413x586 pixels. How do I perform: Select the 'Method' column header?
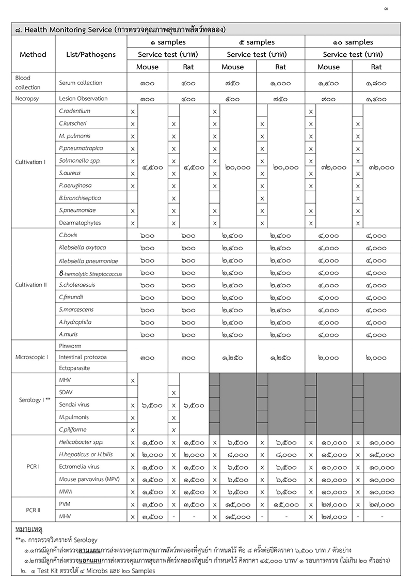point(33,54)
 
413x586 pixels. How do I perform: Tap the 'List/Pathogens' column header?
point(91,54)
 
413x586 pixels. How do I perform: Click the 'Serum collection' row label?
point(81,83)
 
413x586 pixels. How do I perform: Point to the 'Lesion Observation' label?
point(83,98)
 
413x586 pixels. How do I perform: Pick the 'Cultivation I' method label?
point(30,162)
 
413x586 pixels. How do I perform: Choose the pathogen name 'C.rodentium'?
point(75,111)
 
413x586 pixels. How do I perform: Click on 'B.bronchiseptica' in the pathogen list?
point(80,198)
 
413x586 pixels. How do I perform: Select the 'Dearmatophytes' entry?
point(80,223)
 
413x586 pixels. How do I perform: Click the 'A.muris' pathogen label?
point(69,334)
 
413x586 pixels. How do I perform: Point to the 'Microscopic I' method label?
point(32,357)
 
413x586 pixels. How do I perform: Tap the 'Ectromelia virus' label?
point(80,467)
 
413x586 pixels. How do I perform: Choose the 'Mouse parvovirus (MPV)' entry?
point(89,480)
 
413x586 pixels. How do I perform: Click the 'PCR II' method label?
point(33,511)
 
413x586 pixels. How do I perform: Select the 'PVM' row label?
point(65,504)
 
